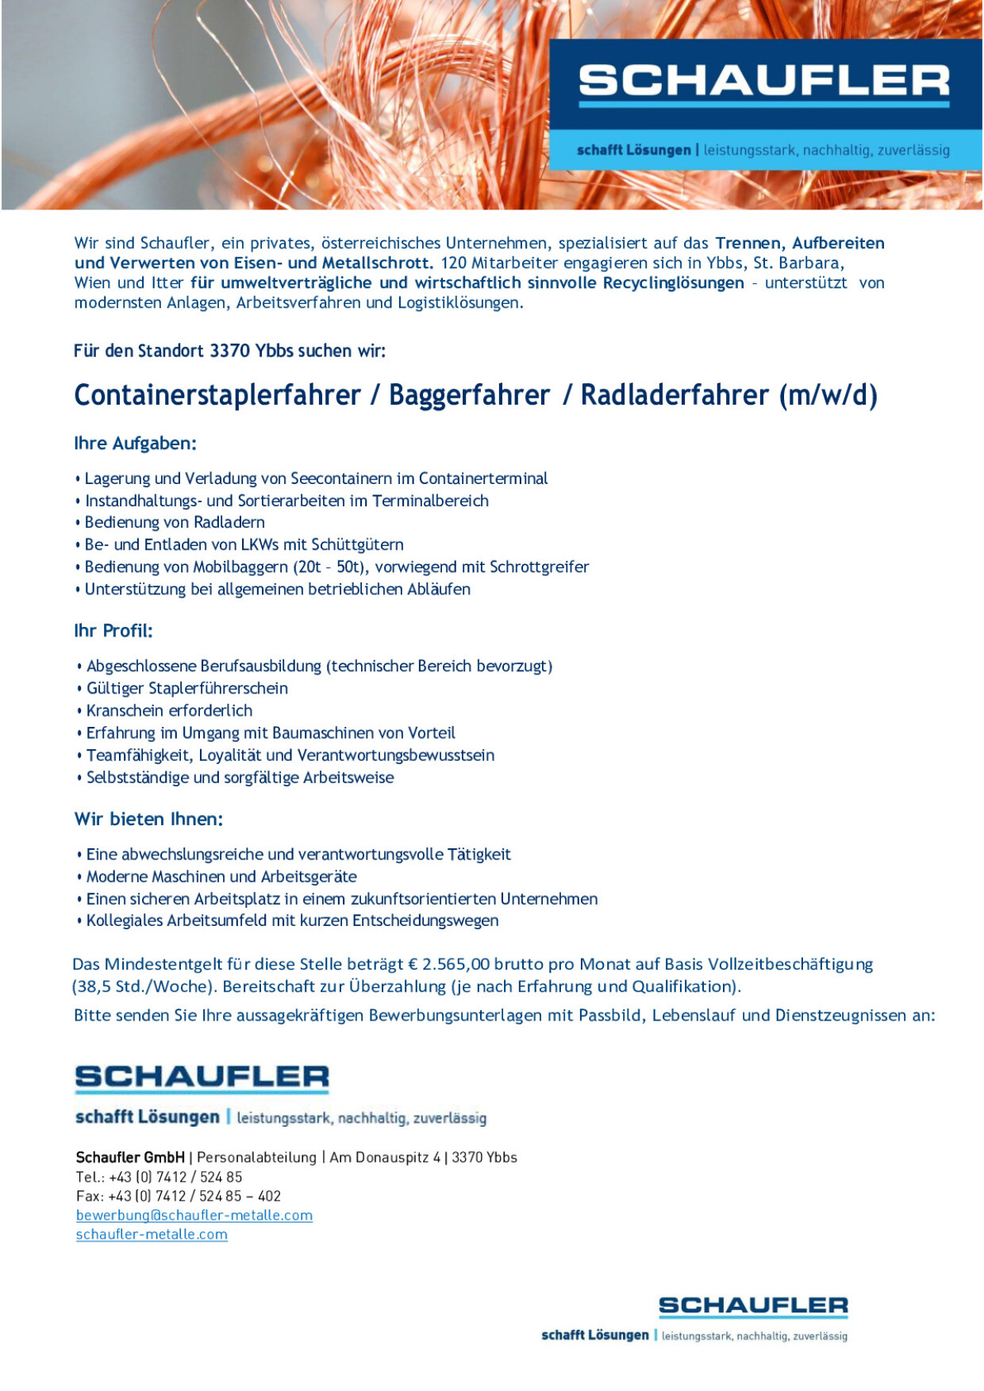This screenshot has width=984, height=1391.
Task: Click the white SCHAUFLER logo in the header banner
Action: click(763, 82)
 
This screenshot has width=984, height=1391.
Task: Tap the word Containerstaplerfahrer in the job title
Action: click(217, 395)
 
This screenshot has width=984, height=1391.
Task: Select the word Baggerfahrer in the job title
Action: click(469, 395)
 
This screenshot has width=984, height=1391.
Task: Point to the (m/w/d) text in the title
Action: click(828, 395)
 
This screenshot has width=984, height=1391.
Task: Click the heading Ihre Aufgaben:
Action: click(135, 444)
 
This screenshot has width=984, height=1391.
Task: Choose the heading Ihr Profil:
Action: click(113, 631)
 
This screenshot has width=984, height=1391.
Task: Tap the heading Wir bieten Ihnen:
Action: click(148, 819)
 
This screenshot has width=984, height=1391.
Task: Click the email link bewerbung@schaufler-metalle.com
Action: click(194, 1215)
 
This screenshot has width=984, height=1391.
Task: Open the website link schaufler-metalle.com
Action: click(152, 1234)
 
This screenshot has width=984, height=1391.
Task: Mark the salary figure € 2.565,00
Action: click(449, 964)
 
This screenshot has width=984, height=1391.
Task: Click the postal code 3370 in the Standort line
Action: click(230, 351)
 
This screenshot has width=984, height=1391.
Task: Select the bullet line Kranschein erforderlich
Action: click(169, 710)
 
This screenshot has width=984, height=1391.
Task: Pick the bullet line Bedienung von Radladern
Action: click(175, 522)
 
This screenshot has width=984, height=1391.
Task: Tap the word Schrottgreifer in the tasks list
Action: click(539, 567)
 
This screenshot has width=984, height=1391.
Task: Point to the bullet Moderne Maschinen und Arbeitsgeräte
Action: click(221, 876)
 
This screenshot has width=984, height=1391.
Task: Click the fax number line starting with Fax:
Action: click(179, 1196)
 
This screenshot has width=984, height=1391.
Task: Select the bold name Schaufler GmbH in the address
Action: click(130, 1157)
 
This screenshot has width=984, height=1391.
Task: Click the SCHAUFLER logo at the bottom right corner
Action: click(753, 1305)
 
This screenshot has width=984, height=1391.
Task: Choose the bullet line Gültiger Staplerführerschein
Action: click(186, 688)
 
